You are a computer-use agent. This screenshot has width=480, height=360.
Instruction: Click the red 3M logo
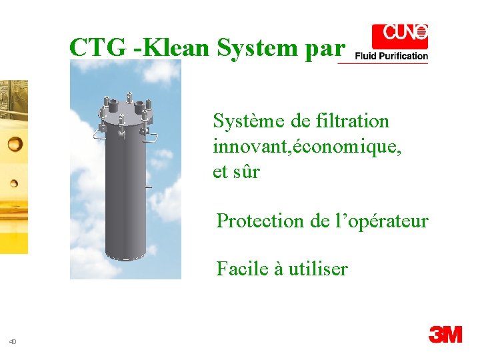[x=445, y=333]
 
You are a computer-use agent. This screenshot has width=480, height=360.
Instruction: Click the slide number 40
[x=13, y=342]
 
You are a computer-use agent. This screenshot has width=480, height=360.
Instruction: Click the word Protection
[x=261, y=221]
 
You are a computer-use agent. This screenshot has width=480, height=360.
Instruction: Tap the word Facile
[x=241, y=269]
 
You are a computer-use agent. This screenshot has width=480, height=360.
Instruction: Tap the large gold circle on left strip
[x=15, y=143]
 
